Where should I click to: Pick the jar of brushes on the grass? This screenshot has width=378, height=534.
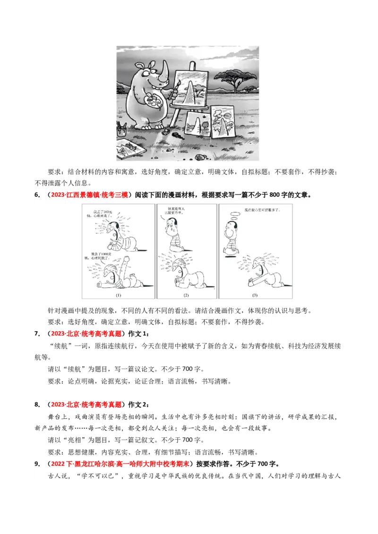click(x=121, y=129)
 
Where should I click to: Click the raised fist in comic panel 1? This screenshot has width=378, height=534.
click(x=127, y=259)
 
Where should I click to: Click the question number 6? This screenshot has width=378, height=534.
click(x=37, y=195)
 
